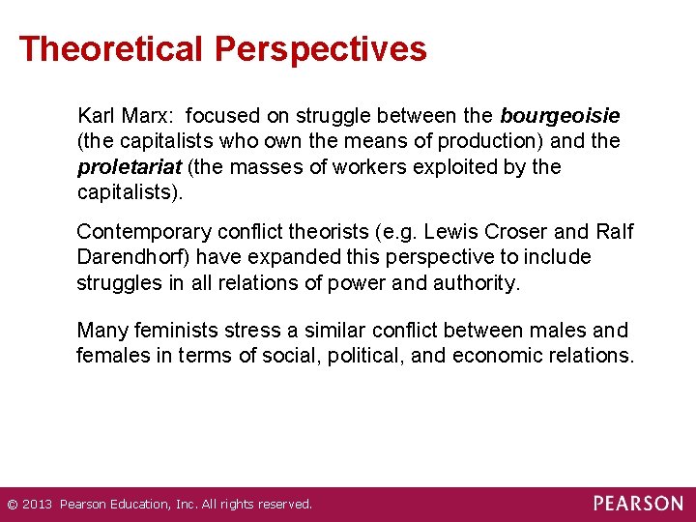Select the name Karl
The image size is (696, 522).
click(x=97, y=116)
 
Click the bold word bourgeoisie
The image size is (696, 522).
click(x=560, y=116)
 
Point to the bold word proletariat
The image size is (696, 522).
click(x=129, y=167)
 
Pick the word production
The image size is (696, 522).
click(x=488, y=141)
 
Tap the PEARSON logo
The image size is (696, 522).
click(x=638, y=504)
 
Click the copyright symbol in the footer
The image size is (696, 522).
click(x=12, y=505)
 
